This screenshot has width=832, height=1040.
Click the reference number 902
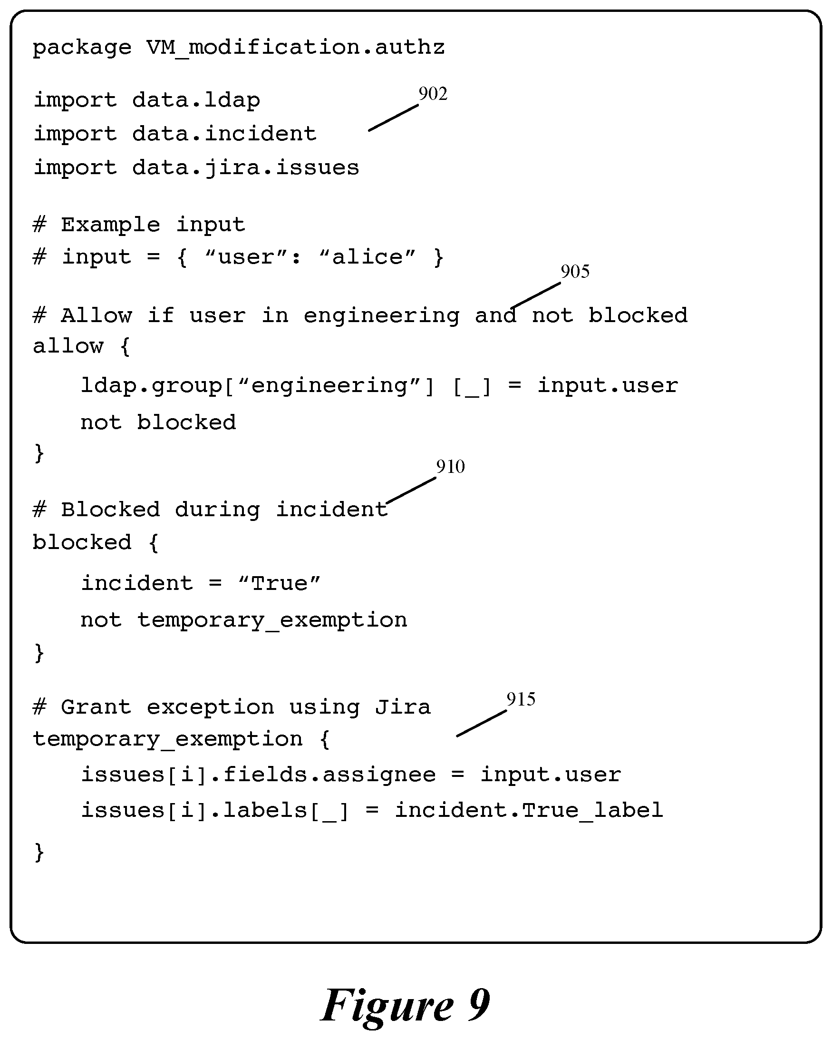(433, 94)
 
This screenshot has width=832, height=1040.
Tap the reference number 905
(575, 272)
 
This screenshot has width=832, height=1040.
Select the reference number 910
(451, 466)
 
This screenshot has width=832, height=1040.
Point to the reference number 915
(521, 699)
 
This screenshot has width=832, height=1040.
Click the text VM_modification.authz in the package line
(296, 48)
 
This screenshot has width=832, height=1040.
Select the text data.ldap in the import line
(196, 100)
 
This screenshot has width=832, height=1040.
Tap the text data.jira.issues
(246, 168)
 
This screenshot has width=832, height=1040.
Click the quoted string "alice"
(368, 257)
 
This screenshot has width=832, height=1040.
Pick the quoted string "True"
(280, 584)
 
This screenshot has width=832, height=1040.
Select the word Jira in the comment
(403, 707)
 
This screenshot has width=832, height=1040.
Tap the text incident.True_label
(529, 810)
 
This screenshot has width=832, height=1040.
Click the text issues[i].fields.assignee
(258, 775)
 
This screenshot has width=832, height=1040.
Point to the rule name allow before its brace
(68, 346)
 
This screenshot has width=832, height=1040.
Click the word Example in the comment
(110, 225)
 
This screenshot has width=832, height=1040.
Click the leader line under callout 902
(393, 118)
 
